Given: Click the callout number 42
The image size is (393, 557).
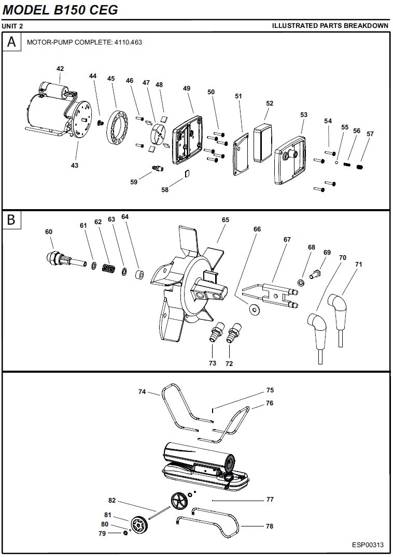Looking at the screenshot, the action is click(60, 68).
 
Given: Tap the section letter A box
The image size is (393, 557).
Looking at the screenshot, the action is click(12, 42).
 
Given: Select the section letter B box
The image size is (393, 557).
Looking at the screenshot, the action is click(12, 219).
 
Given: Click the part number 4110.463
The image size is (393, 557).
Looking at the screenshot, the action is click(128, 42).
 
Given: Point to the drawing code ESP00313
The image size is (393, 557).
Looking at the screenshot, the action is click(368, 545).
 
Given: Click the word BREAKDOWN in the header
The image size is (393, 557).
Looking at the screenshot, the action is click(366, 25).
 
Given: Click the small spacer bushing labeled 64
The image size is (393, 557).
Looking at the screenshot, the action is click(141, 275).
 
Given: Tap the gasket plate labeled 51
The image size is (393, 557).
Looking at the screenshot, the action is click(241, 154).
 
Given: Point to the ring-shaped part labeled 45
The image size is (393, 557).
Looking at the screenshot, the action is click(117, 127).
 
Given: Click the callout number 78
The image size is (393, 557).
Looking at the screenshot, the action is click(270, 526).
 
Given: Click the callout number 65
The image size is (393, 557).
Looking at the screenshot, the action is click(226, 220).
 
